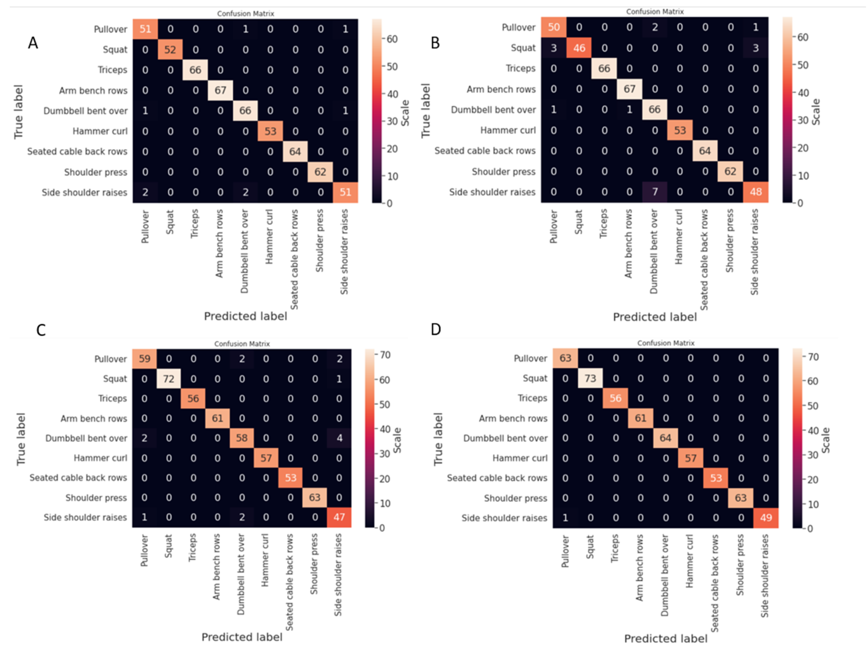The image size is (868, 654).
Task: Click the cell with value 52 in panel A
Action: tap(170, 49)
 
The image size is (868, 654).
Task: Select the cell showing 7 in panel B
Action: tap(655, 192)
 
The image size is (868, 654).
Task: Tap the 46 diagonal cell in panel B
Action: tap(579, 48)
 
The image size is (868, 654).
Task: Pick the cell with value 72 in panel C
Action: tap(169, 379)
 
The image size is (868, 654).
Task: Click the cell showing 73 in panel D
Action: tap(590, 378)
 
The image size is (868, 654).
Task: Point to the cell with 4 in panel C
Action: tap(340, 438)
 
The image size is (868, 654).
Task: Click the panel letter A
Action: tap(33, 43)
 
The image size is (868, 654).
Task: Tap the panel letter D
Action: tap(436, 329)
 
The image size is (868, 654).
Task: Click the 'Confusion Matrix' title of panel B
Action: tap(655, 12)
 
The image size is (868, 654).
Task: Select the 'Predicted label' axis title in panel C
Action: tap(242, 637)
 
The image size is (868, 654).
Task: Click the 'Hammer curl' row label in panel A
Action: tap(100, 131)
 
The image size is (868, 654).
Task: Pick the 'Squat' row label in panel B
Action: tap(523, 48)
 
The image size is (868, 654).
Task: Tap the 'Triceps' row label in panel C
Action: tap(113, 398)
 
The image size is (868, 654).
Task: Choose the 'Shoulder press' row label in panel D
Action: tap(515, 498)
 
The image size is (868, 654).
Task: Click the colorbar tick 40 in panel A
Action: tap(392, 94)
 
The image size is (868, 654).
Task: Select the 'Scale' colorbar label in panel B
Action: tap(815, 112)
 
